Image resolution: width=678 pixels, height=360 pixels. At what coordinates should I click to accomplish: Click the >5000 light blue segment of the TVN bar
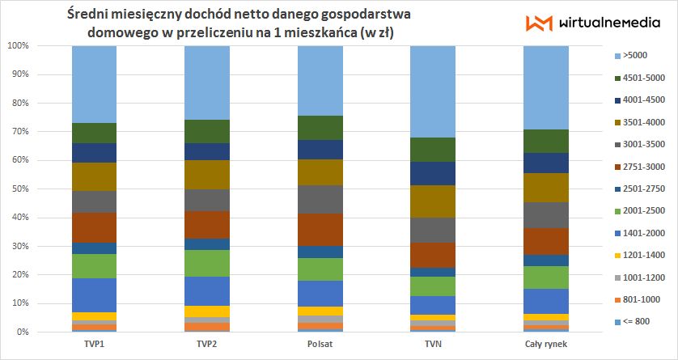pos(434,91)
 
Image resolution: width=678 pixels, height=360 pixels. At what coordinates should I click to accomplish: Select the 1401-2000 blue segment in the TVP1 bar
pos(95,295)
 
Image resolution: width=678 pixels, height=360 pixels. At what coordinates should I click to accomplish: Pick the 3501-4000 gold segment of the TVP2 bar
pos(207,175)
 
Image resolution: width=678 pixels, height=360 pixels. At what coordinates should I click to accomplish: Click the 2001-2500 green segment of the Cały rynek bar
pos(546,277)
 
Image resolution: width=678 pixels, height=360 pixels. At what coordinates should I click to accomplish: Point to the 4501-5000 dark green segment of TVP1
pos(95,133)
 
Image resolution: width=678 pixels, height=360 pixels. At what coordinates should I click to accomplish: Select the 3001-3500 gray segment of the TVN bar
pos(434,231)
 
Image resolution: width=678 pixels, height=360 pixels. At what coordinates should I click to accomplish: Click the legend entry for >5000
pos(630,57)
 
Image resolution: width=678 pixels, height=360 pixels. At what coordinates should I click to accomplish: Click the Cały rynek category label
pos(546,344)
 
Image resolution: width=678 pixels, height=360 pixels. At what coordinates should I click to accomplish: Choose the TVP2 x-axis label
pos(207,344)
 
